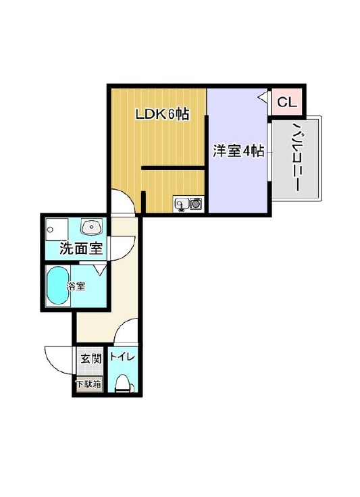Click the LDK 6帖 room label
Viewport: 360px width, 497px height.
tap(162, 114)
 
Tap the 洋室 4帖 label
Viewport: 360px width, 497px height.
tap(238, 151)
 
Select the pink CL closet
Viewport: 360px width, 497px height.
tap(287, 102)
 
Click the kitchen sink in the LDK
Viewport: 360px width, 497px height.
tap(182, 204)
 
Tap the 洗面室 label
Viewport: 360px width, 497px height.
tap(82, 248)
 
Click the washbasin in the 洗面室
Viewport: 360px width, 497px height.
tap(92, 227)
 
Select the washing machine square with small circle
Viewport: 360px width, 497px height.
tap(56, 229)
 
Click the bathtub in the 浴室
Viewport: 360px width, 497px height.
tap(58, 286)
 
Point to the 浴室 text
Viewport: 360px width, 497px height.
tap(76, 286)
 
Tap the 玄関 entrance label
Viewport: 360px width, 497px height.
tap(91, 359)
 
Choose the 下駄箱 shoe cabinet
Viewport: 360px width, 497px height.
tap(89, 384)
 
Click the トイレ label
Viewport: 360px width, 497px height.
tap(122, 357)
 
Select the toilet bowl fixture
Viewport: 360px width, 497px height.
tap(124, 384)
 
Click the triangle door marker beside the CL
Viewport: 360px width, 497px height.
tap(263, 96)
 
